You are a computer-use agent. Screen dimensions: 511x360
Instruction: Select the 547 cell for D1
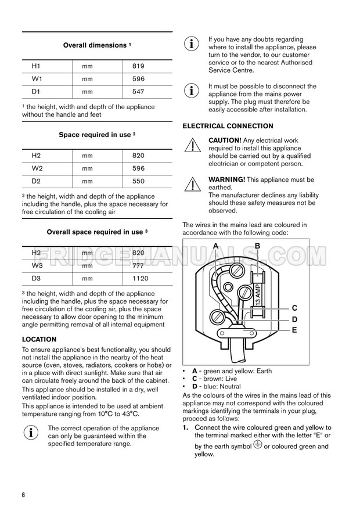(138, 92)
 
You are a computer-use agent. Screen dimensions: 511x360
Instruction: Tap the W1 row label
(36, 79)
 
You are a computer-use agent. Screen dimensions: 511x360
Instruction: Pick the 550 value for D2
(138, 181)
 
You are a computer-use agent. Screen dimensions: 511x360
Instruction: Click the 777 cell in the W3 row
(138, 265)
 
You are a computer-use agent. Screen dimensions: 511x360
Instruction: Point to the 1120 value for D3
(141, 278)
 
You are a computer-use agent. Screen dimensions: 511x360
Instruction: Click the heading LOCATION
(39, 339)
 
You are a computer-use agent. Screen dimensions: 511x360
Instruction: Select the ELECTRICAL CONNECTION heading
(228, 126)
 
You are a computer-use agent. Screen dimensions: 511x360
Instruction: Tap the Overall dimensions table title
(97, 45)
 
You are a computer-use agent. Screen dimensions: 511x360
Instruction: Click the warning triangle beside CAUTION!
(191, 146)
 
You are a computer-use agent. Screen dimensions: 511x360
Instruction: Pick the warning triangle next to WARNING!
(191, 185)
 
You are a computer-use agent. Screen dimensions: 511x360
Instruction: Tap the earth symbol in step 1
(258, 445)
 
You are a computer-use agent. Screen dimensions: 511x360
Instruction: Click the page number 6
(24, 495)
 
